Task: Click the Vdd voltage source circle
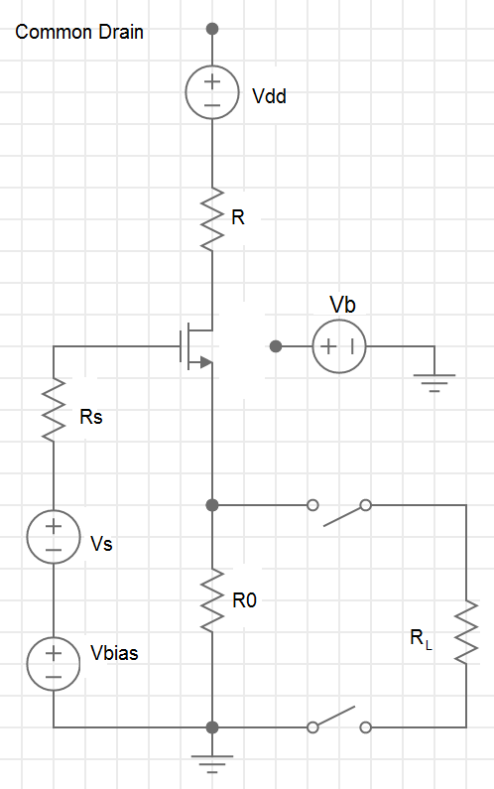click(x=212, y=92)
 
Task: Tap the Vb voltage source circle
click(x=339, y=346)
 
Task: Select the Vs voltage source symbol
click(x=54, y=536)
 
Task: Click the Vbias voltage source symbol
click(x=54, y=664)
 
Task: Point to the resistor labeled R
click(x=212, y=219)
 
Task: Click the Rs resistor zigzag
click(x=54, y=410)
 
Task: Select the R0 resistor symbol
click(x=212, y=599)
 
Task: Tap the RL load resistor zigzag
click(x=466, y=631)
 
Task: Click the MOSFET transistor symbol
click(x=196, y=346)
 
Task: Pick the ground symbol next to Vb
click(x=434, y=382)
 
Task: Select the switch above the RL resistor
click(x=339, y=512)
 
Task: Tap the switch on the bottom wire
click(x=339, y=720)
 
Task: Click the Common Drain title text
click(x=79, y=32)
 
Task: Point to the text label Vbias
click(x=114, y=653)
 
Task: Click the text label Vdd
click(x=269, y=96)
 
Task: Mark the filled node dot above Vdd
click(x=212, y=29)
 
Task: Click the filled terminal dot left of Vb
click(x=276, y=346)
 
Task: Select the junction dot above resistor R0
click(x=212, y=505)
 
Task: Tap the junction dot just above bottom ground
click(x=212, y=727)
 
